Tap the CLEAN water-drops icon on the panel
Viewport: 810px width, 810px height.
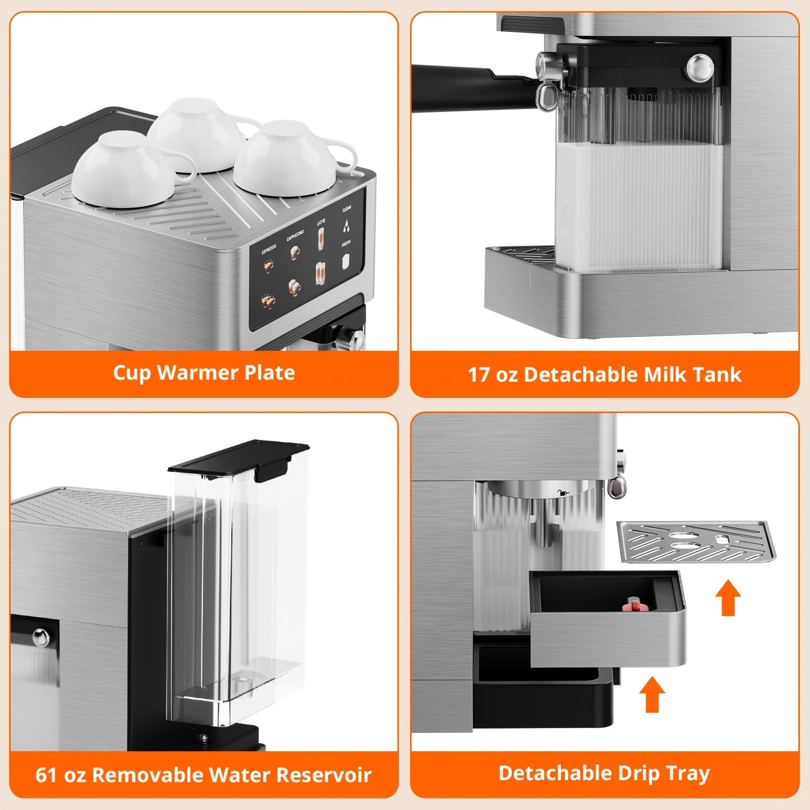346,225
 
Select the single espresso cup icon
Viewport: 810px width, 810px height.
268,266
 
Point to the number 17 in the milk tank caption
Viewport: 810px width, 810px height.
478,375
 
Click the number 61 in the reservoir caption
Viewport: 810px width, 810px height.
46,775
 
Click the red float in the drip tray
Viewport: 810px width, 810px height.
634,603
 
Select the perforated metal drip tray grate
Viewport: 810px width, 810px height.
696,542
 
